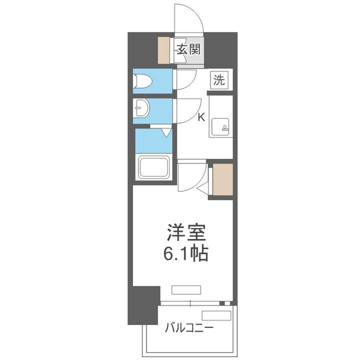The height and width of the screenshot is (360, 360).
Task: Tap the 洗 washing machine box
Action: pyautogui.click(x=219, y=80)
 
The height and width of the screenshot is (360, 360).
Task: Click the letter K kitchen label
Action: pyautogui.click(x=201, y=118)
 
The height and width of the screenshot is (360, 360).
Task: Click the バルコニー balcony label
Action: pyautogui.click(x=189, y=328)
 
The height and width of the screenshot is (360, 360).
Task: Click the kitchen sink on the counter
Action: pyautogui.click(x=220, y=126)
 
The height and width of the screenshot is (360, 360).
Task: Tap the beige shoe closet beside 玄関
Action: pyautogui.click(x=164, y=50)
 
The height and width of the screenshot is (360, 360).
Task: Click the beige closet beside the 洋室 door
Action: pyautogui.click(x=222, y=178)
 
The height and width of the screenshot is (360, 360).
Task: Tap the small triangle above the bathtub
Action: pyautogui.click(x=166, y=132)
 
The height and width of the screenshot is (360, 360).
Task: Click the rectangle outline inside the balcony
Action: pyautogui.click(x=216, y=315)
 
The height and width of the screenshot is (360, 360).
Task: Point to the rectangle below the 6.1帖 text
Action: pyautogui.click(x=186, y=289)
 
